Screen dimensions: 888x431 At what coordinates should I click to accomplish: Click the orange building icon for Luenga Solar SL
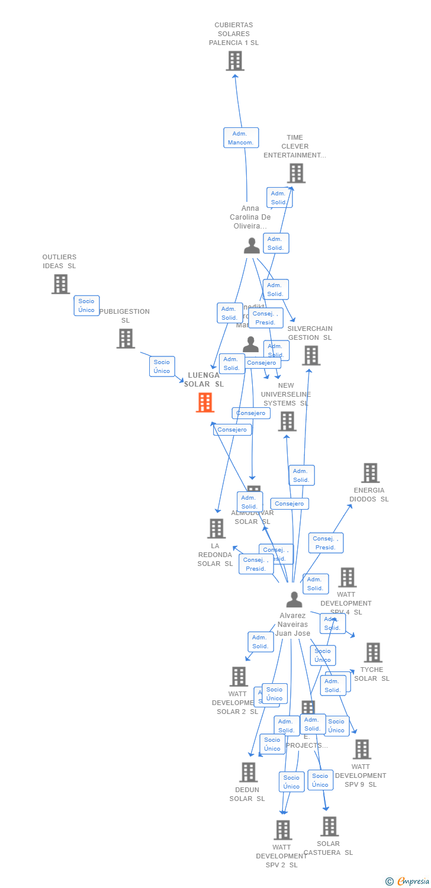pyautogui.click(x=205, y=403)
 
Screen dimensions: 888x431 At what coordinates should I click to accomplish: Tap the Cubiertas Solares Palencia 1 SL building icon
pyautogui.click(x=235, y=61)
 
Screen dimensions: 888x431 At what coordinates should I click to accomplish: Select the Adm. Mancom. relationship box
pyautogui.click(x=241, y=138)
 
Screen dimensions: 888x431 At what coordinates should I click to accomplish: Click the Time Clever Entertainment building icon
pyautogui.click(x=296, y=173)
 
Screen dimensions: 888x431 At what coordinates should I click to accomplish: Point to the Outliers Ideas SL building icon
pyautogui.click(x=60, y=284)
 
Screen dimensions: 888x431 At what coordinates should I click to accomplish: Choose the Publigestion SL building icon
pyautogui.click(x=126, y=339)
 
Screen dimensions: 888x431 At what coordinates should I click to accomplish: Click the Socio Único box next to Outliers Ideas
pyautogui.click(x=86, y=305)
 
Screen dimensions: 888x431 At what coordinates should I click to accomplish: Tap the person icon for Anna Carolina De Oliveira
pyautogui.click(x=252, y=245)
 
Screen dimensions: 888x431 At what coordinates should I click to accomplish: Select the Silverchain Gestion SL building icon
pyautogui.click(x=311, y=355)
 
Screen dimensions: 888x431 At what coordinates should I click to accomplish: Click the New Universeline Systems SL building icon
pyautogui.click(x=287, y=422)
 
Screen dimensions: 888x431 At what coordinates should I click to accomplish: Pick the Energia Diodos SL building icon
pyautogui.click(x=371, y=473)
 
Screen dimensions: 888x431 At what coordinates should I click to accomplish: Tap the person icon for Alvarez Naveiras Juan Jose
pyautogui.click(x=294, y=600)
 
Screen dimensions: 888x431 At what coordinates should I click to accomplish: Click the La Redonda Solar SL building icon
pyautogui.click(x=217, y=529)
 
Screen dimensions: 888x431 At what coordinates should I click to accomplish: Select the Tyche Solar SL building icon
pyautogui.click(x=373, y=652)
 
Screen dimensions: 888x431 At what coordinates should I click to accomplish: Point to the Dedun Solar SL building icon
pyautogui.click(x=249, y=772)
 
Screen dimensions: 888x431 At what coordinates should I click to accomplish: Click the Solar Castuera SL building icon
pyautogui.click(x=329, y=826)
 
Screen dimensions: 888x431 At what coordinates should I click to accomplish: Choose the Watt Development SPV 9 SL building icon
pyautogui.click(x=362, y=749)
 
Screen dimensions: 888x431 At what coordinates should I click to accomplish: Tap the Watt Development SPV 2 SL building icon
pyautogui.click(x=283, y=830)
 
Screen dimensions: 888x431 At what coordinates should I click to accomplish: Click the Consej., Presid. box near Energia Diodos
pyautogui.click(x=326, y=543)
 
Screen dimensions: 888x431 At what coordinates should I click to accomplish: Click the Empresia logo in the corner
pyautogui.click(x=408, y=881)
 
